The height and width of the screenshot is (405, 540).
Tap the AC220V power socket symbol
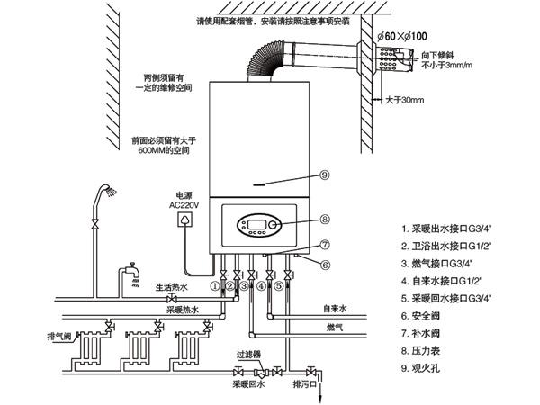(186, 219)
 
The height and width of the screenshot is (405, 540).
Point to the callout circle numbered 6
(325, 264)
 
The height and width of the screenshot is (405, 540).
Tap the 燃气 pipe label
(334, 330)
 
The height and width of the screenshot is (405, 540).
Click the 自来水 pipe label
(337, 308)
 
